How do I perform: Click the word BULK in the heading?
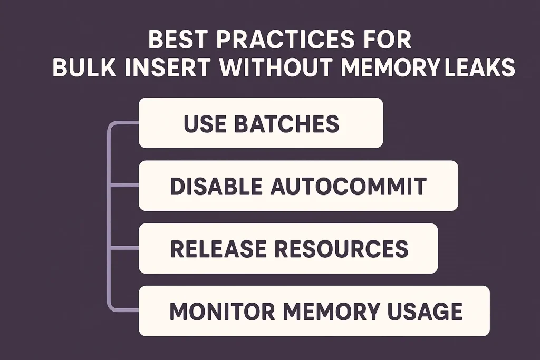click(84, 67)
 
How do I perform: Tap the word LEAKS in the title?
click(480, 67)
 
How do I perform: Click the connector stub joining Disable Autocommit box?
click(124, 186)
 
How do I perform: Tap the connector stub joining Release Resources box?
click(124, 248)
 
